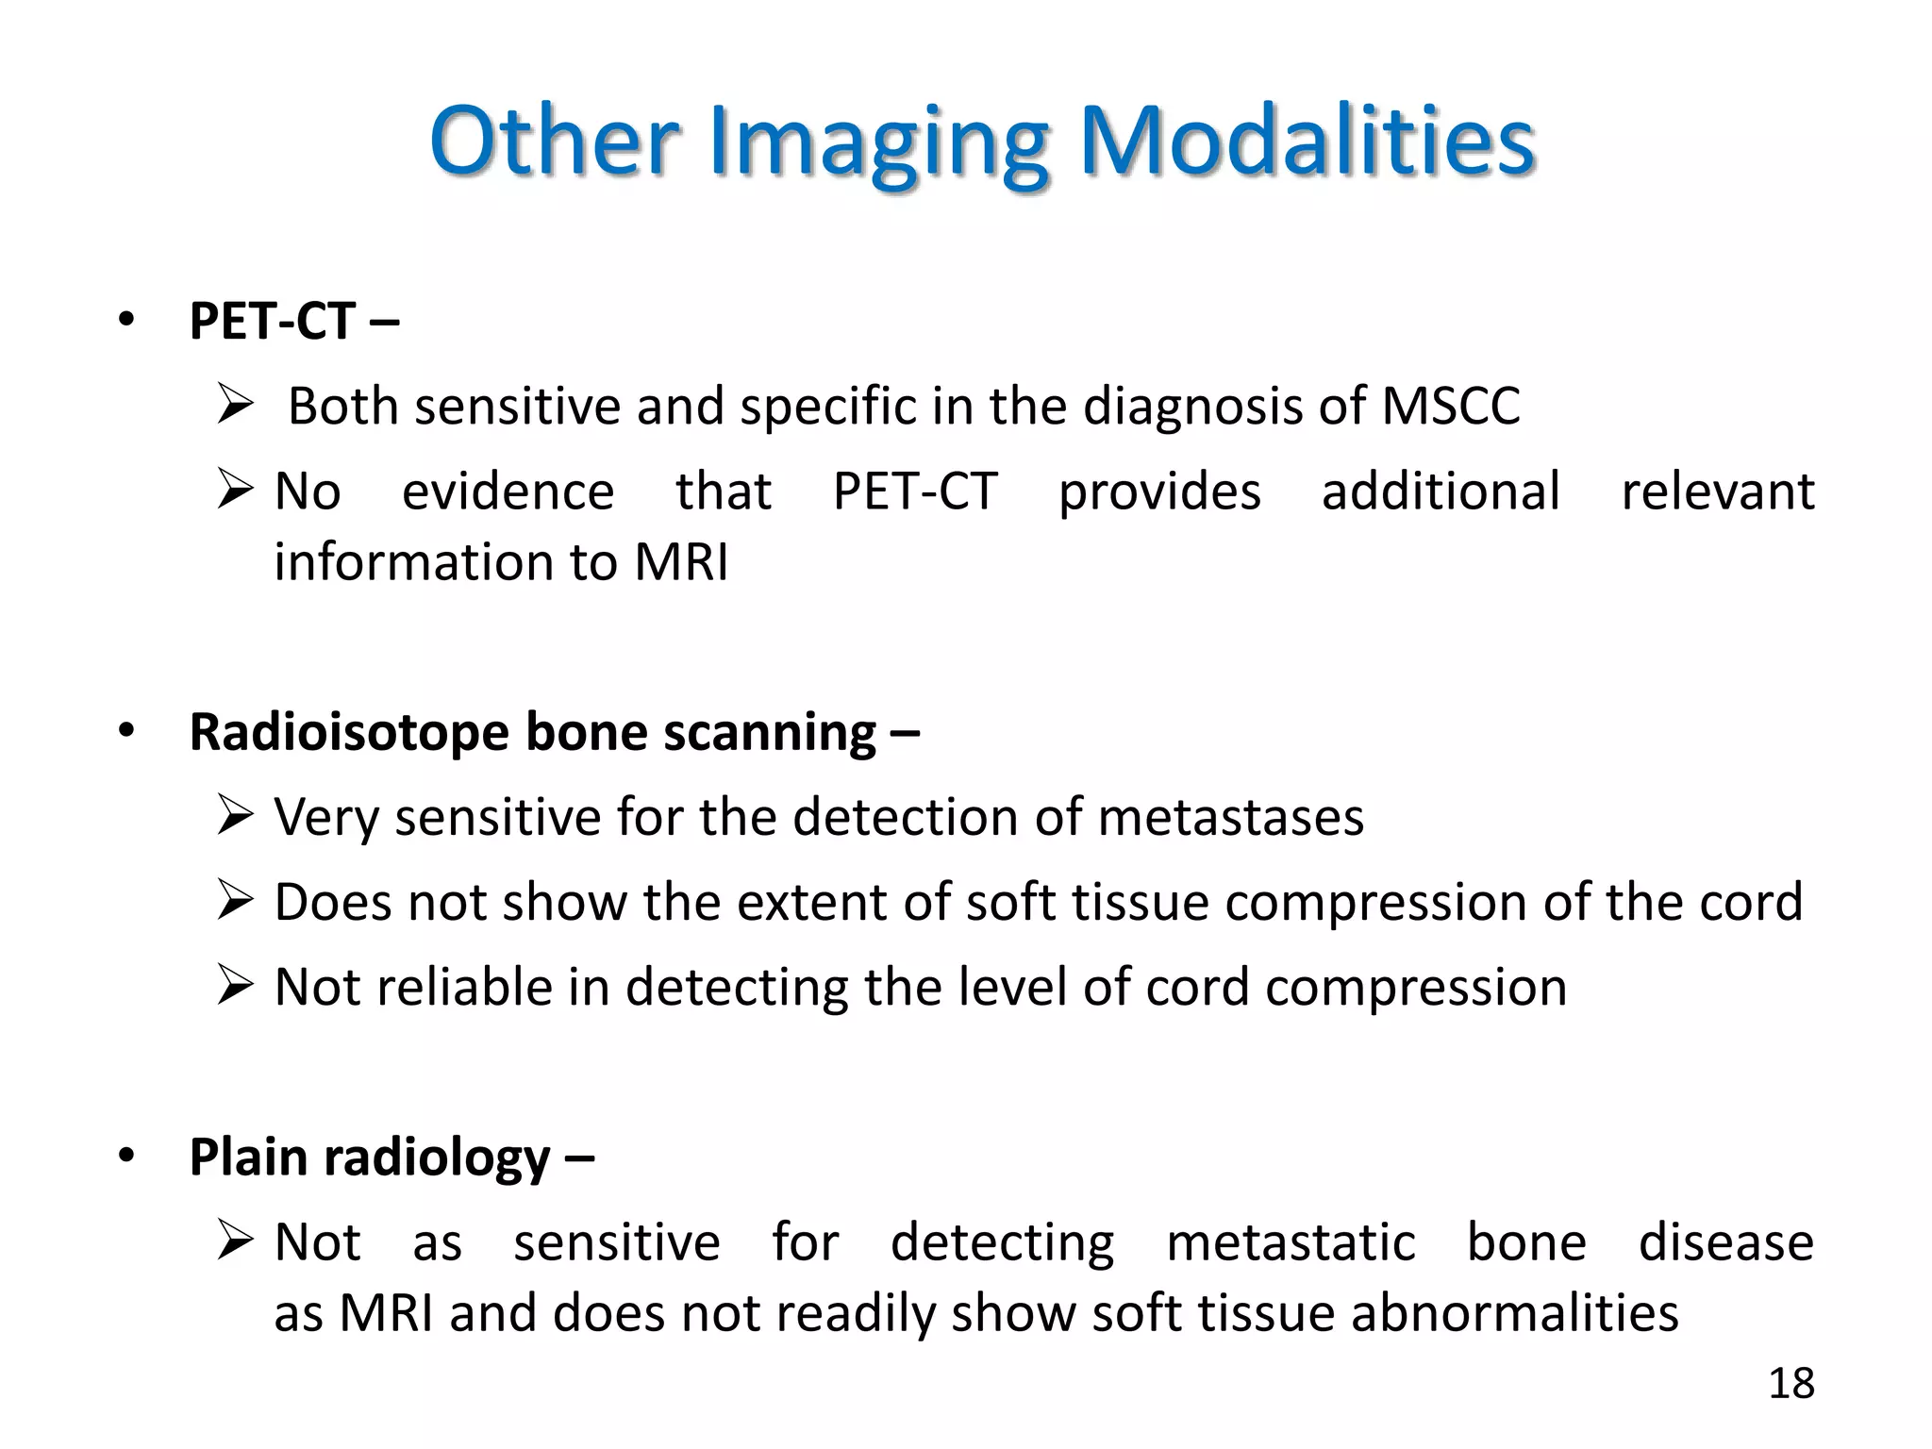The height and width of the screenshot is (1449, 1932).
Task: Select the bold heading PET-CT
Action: point(273,321)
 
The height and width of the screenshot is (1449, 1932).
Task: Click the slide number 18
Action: point(1790,1384)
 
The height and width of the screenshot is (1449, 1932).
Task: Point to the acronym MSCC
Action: point(1450,407)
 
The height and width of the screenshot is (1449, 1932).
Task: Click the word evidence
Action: point(508,491)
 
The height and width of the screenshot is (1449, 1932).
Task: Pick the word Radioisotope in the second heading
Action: point(348,732)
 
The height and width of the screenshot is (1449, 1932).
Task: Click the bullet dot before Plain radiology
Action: point(126,1156)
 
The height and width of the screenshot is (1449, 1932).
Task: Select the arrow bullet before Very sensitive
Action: point(235,815)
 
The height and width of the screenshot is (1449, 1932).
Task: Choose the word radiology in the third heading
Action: point(436,1158)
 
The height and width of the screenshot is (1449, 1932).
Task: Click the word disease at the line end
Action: point(1725,1242)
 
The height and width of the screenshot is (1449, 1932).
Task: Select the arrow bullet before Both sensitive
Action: point(235,404)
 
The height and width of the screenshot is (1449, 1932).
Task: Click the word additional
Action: point(1440,491)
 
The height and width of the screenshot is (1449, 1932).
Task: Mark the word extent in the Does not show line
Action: point(811,903)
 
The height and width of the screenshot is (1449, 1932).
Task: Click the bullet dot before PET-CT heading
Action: point(126,320)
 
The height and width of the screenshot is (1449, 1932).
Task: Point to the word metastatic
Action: point(1290,1242)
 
